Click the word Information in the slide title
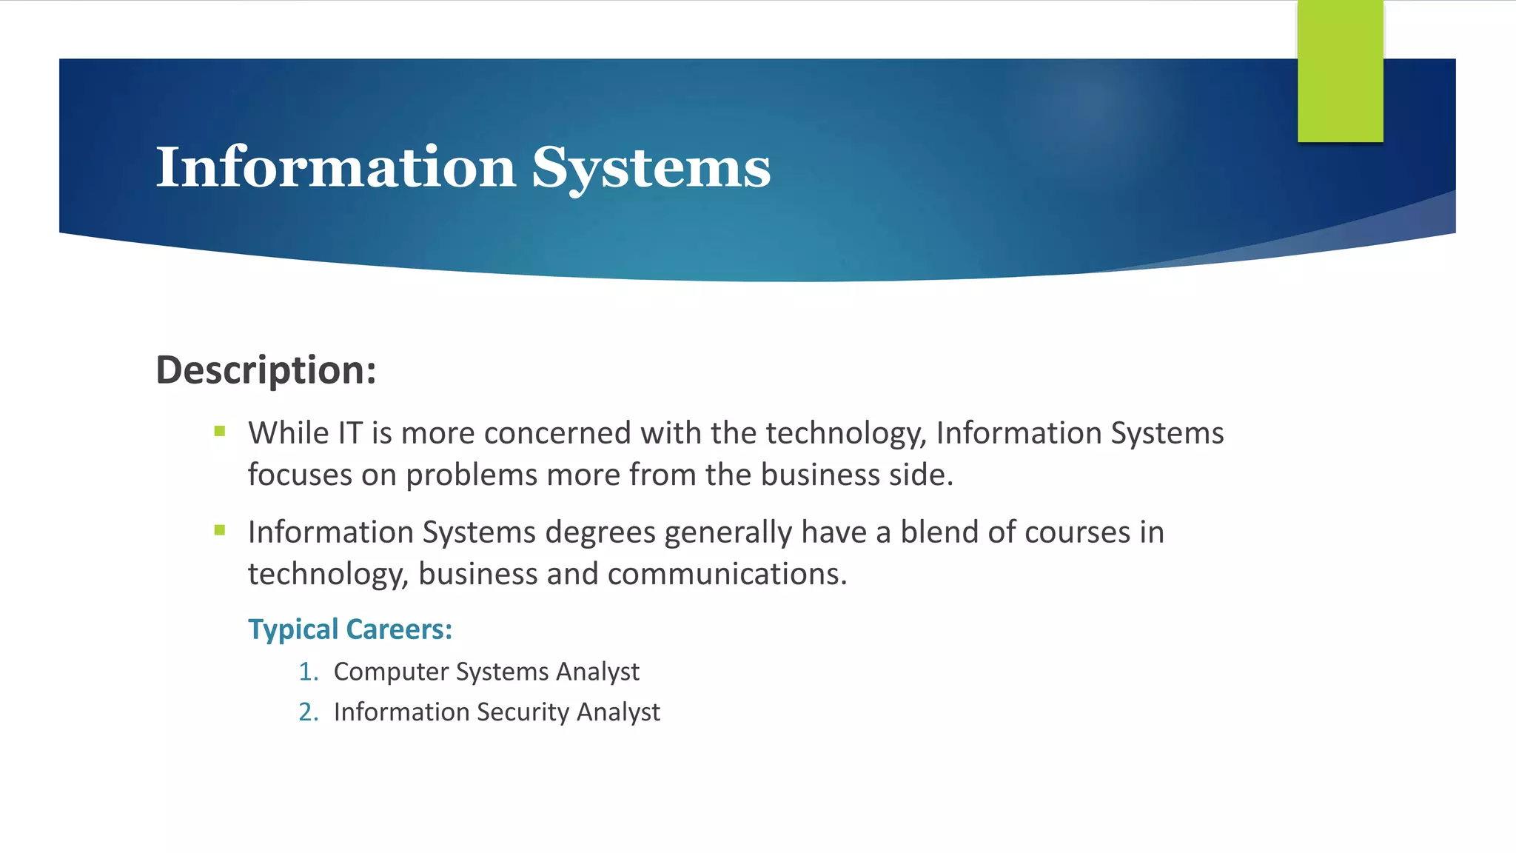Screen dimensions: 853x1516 pyautogui.click(x=335, y=167)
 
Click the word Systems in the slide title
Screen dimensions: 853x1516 pyautogui.click(x=651, y=169)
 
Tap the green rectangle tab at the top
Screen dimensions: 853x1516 pyautogui.click(x=1340, y=71)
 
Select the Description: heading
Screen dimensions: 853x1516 pyautogui.click(x=266, y=369)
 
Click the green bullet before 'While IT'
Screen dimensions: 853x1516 pyautogui.click(x=220, y=431)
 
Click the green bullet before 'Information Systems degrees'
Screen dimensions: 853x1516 pyautogui.click(x=220, y=530)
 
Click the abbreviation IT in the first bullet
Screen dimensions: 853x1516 pyautogui.click(x=350, y=433)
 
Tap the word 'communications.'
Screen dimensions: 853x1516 pyautogui.click(x=727, y=574)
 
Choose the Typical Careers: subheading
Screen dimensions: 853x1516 pyautogui.click(x=349, y=629)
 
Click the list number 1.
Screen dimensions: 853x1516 pyautogui.click(x=308, y=672)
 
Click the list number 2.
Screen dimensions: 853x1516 pyautogui.click(x=308, y=712)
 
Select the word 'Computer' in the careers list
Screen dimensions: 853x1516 pyautogui.click(x=391, y=672)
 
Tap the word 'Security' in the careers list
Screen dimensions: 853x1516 pyautogui.click(x=523, y=712)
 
